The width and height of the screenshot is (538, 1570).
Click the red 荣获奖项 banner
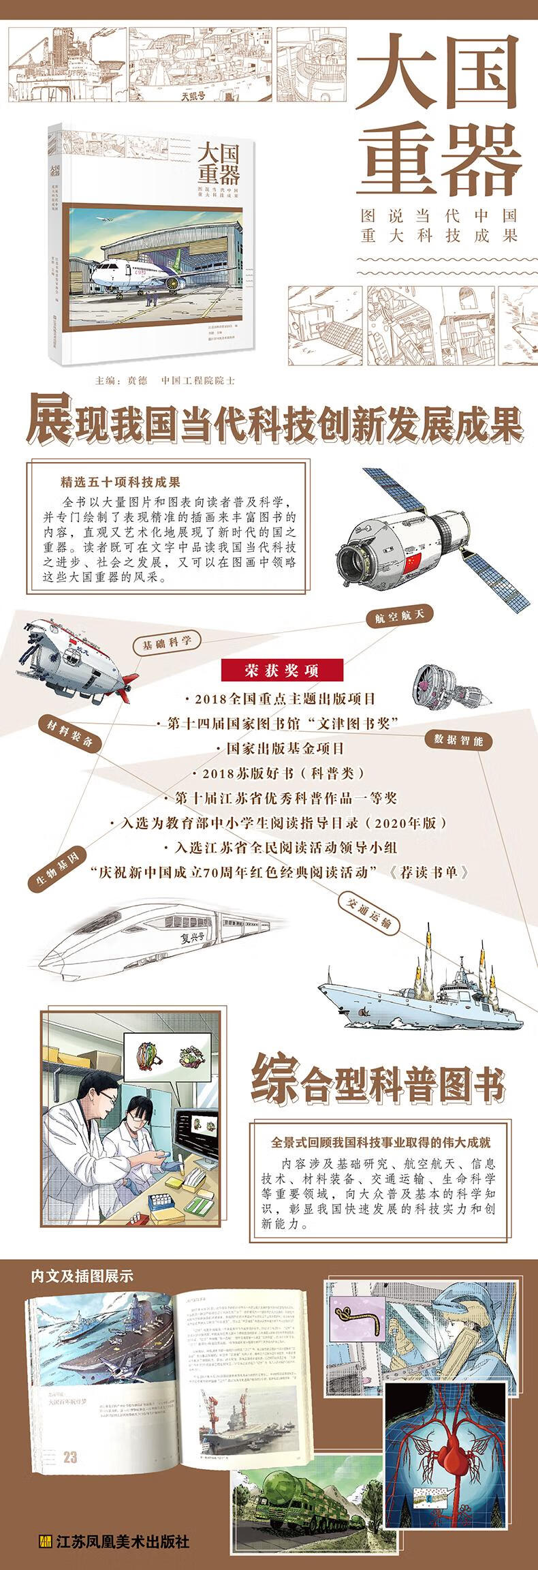(x=281, y=670)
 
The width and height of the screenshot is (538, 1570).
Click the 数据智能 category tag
(x=458, y=739)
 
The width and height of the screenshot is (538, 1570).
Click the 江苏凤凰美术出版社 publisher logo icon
(x=45, y=1538)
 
